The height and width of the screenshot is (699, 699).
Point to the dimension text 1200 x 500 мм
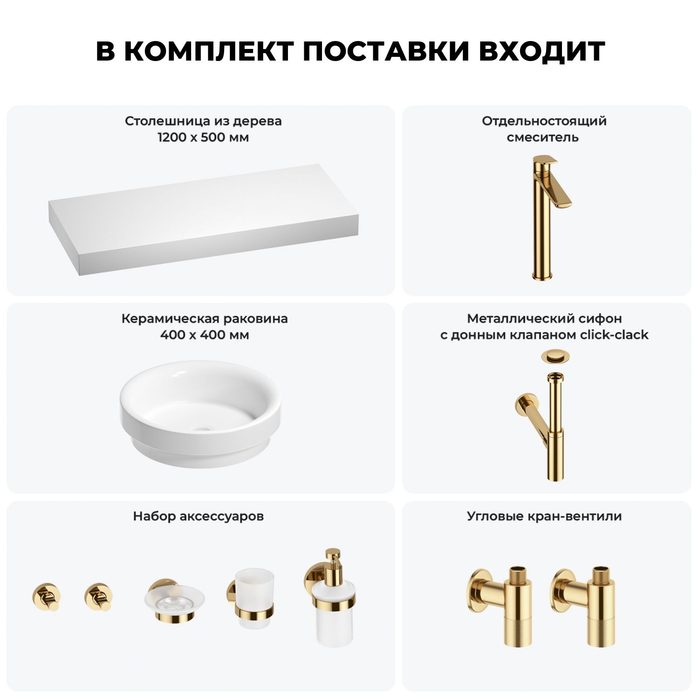click(x=204, y=137)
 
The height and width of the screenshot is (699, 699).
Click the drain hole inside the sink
click(x=202, y=429)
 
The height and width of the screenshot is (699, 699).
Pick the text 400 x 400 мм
click(x=205, y=335)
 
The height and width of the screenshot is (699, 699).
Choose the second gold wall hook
click(x=99, y=596)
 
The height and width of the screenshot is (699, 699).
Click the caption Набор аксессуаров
click(x=198, y=516)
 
